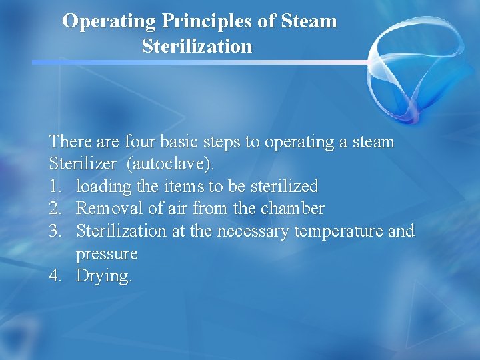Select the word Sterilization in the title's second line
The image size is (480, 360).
[x=197, y=47]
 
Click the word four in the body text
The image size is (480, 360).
[x=137, y=142]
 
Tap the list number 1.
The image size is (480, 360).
[x=55, y=187]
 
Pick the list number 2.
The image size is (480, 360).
[x=55, y=209]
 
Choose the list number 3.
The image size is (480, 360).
[x=55, y=231]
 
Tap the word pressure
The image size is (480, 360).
[x=107, y=254]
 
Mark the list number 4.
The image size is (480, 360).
[x=55, y=276]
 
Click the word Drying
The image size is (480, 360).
[x=104, y=276]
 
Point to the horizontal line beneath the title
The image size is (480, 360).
[x=200, y=62]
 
